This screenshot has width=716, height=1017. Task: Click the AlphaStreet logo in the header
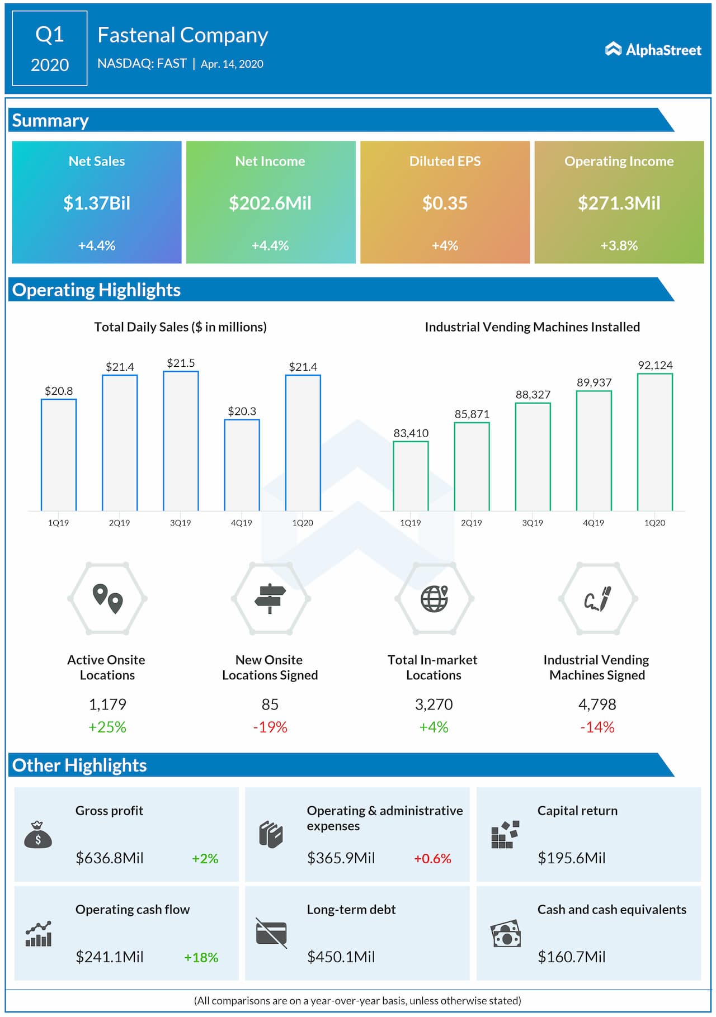coord(653,50)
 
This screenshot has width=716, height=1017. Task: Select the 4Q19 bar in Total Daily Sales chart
coord(242,465)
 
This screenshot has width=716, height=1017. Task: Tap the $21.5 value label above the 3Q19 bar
coord(181,363)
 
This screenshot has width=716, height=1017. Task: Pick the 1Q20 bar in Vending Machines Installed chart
coord(655,442)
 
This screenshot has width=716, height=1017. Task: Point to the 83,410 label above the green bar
coord(411,433)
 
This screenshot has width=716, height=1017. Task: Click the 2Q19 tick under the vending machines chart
coord(471,523)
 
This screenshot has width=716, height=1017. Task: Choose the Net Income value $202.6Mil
coord(270,203)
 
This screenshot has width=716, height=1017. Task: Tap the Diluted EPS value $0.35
coord(445,203)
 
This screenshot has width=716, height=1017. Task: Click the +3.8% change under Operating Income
coord(619,245)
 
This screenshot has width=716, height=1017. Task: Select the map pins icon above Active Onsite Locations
coord(107,598)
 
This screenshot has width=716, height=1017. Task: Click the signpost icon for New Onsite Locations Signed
coord(270,598)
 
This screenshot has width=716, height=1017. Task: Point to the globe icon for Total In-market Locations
coord(434,598)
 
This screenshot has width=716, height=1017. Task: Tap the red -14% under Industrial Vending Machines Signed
coord(597,727)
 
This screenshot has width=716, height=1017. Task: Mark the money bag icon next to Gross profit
coord(38,835)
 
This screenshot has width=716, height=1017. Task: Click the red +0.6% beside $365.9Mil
coord(432,858)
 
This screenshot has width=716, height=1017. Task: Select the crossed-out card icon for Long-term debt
coord(271,933)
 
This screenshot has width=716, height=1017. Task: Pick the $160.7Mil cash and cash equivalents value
coord(571,957)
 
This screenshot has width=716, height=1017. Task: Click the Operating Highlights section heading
coord(96,290)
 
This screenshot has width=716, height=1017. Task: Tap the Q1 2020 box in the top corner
coord(50,49)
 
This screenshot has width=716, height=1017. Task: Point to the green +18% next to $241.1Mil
coord(201,957)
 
